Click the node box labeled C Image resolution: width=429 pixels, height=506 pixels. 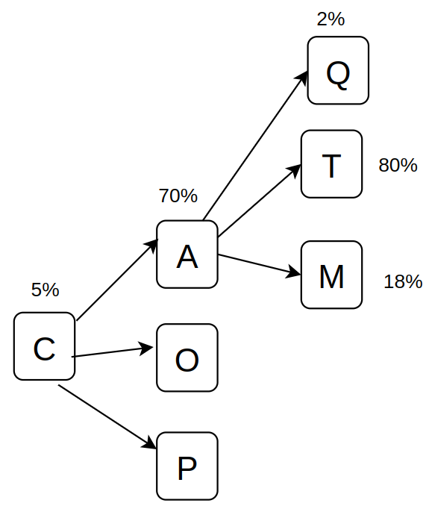[x=44, y=346]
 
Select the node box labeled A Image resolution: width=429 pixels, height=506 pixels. [x=187, y=254]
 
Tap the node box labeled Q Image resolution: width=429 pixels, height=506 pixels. [x=338, y=70]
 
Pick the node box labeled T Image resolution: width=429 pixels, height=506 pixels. [x=331, y=164]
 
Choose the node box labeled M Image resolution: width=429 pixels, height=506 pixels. [x=331, y=275]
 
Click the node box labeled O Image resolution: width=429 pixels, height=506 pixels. [x=187, y=357]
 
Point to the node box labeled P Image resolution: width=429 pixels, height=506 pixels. [x=187, y=466]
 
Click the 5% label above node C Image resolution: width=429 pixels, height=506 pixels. [x=45, y=290]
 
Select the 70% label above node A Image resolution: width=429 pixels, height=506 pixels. [x=178, y=196]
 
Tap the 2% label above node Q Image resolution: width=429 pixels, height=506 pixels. [x=331, y=19]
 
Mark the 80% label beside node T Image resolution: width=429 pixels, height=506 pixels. [x=398, y=166]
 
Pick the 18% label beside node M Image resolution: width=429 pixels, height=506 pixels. [x=403, y=281]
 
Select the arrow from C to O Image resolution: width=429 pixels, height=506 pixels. [x=112, y=352]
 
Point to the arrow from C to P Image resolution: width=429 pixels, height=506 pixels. [x=107, y=416]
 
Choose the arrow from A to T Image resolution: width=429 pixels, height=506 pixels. [x=258, y=199]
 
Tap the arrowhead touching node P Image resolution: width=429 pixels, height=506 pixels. [x=150, y=444]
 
